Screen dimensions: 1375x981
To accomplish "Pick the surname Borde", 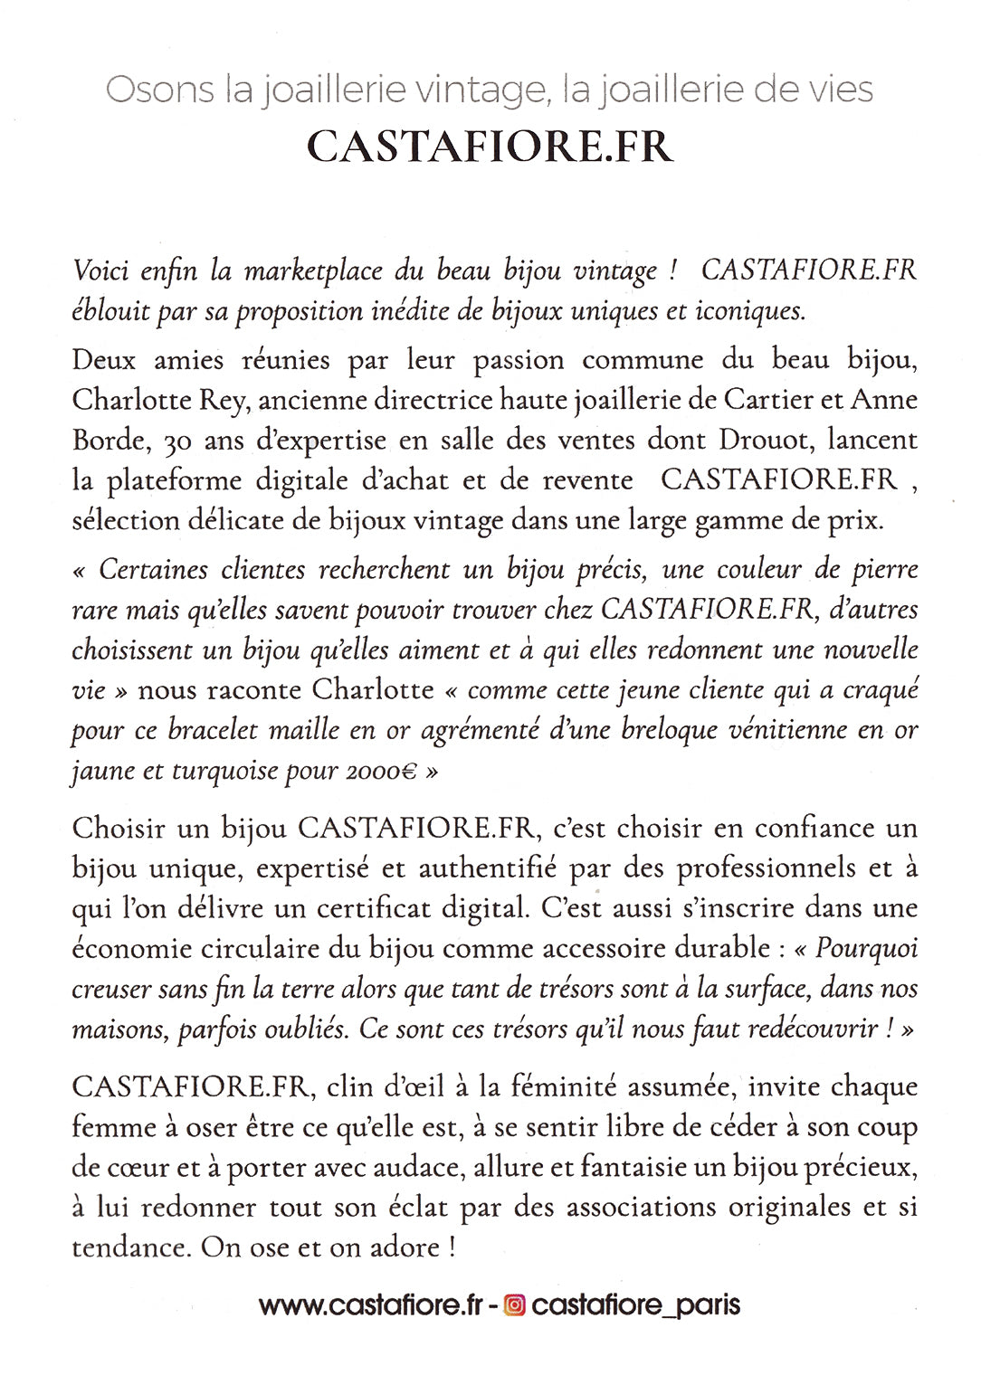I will point(108,441).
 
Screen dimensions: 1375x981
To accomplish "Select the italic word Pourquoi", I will point(866,948).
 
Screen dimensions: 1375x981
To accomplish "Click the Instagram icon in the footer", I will point(514,1305).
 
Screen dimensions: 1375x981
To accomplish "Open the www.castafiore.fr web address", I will point(371,1305).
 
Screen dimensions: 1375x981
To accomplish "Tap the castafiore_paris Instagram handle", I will point(635,1305).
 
